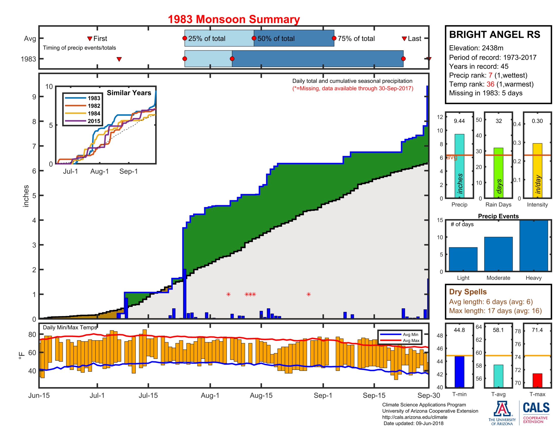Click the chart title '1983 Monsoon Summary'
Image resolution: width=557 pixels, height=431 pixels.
[x=234, y=20]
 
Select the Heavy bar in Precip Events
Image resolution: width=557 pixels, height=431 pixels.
[x=533, y=246]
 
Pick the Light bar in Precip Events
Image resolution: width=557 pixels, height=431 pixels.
[x=463, y=259]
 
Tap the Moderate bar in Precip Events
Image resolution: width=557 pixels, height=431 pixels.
[x=498, y=254]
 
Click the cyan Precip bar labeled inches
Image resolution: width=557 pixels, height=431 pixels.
[x=459, y=166]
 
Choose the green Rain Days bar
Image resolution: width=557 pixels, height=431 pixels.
[x=498, y=173]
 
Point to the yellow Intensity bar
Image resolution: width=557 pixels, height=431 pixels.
[x=537, y=170]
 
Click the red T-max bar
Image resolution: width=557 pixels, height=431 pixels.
[x=537, y=380]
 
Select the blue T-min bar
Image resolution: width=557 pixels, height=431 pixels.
[x=459, y=371]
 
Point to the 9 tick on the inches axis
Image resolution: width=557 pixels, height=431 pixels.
[x=34, y=97]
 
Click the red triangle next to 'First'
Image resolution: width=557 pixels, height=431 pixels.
[x=90, y=39]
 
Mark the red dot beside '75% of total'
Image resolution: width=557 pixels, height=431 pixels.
[x=334, y=38]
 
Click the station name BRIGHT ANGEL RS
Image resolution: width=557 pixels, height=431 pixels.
[x=494, y=34]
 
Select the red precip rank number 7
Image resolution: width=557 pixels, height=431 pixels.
[x=490, y=75]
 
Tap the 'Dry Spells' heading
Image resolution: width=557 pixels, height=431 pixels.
[x=468, y=292]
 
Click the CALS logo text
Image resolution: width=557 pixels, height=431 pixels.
[x=536, y=407]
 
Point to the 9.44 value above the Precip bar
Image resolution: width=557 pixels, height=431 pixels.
[x=459, y=121]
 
